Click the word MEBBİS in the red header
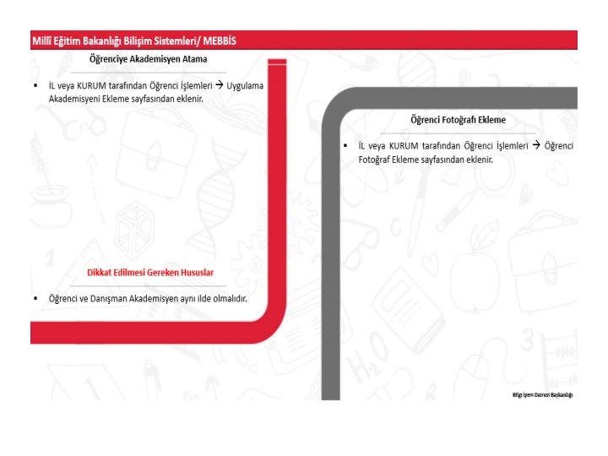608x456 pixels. point(220,41)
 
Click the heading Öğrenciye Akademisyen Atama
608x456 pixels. point(148,59)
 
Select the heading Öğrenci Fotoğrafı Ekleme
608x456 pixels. point(458,120)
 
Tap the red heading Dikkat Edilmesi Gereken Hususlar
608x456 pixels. point(150,273)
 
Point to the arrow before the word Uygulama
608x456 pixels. point(220,85)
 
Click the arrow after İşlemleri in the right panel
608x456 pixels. point(536,145)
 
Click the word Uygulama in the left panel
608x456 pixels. point(245,86)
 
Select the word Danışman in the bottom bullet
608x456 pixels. point(108,299)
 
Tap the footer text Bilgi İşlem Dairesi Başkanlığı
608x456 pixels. point(542,394)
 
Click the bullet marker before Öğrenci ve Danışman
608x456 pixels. point(35,299)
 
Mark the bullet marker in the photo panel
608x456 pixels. point(345,146)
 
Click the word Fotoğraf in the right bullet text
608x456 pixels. point(374,160)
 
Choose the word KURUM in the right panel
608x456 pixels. point(404,146)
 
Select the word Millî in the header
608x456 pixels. point(41,41)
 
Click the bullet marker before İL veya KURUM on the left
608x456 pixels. point(35,85)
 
